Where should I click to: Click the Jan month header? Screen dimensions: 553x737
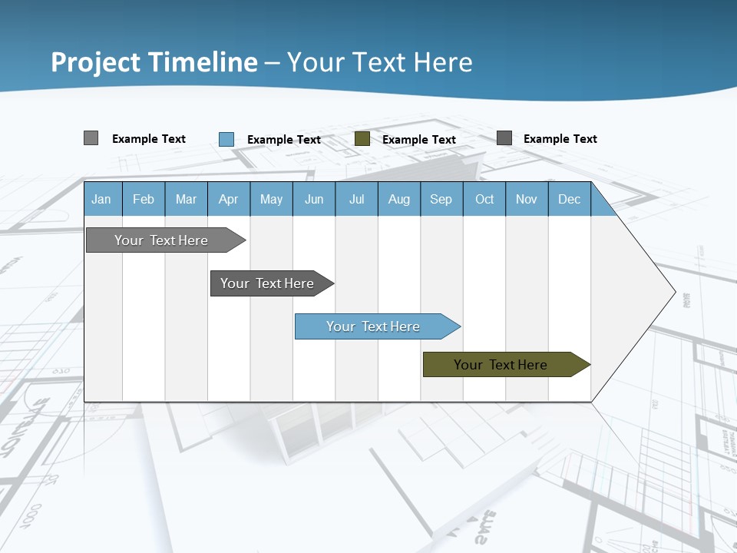coord(101,199)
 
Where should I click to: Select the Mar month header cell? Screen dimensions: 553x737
coord(186,199)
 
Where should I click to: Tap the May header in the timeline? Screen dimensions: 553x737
coord(271,199)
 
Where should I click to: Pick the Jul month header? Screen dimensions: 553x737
coord(356,199)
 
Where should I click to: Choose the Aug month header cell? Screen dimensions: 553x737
coord(398,199)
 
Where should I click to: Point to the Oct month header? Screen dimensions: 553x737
coord(484,199)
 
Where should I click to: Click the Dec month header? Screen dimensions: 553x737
coord(569,199)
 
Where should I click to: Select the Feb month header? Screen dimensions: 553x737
coord(144,199)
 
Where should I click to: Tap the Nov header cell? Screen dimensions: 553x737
coord(526,199)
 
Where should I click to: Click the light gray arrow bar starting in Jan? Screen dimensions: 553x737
coord(161,240)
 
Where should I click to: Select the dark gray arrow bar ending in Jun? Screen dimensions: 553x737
coord(267,283)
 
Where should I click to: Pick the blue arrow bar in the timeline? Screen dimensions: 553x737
coord(373,326)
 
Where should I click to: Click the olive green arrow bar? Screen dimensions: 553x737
coord(501,365)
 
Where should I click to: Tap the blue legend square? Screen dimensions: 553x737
coord(226,139)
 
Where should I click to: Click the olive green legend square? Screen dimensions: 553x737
coord(362,139)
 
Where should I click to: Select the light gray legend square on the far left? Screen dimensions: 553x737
coord(91,138)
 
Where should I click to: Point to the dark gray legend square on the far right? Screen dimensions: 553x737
coord(504,138)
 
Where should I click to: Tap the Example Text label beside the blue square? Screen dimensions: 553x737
coord(283,140)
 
